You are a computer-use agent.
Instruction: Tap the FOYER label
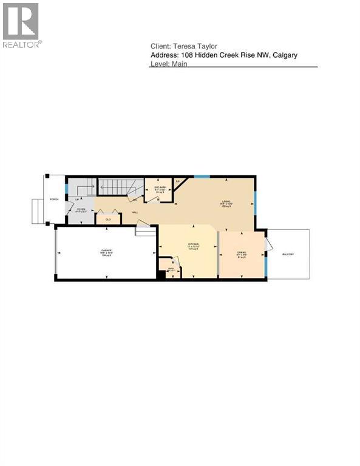click(79, 210)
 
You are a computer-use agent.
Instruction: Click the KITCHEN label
click(194, 245)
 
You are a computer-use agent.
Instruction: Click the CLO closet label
click(108, 219)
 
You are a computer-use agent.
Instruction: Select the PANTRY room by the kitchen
click(171, 268)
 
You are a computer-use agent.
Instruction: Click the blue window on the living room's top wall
click(202, 176)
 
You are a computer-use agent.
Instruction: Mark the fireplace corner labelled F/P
click(178, 181)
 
